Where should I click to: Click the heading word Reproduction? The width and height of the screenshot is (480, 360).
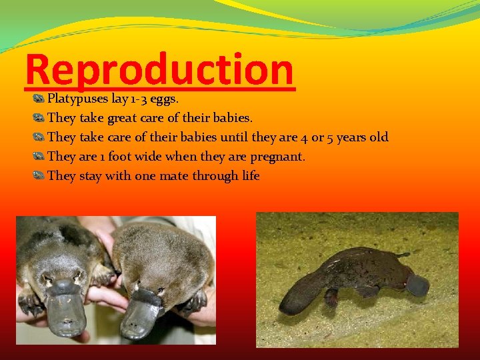pyautogui.click(x=159, y=69)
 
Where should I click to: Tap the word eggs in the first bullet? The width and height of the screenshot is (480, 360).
pyautogui.click(x=163, y=99)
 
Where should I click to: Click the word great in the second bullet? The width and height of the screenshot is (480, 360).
pyautogui.click(x=119, y=119)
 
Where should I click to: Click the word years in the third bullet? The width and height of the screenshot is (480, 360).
pyautogui.click(x=353, y=138)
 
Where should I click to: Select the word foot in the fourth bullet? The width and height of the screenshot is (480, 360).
pyautogui.click(x=119, y=157)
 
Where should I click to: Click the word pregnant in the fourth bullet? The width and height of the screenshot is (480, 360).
pyautogui.click(x=277, y=157)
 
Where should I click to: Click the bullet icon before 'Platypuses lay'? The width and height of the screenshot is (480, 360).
pyautogui.click(x=39, y=99)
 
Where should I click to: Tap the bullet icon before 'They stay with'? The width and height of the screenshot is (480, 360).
pyautogui.click(x=39, y=177)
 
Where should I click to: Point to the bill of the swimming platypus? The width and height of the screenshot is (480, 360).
pyautogui.click(x=417, y=285)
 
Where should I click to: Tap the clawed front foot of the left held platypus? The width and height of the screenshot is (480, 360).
pyautogui.click(x=30, y=303)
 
